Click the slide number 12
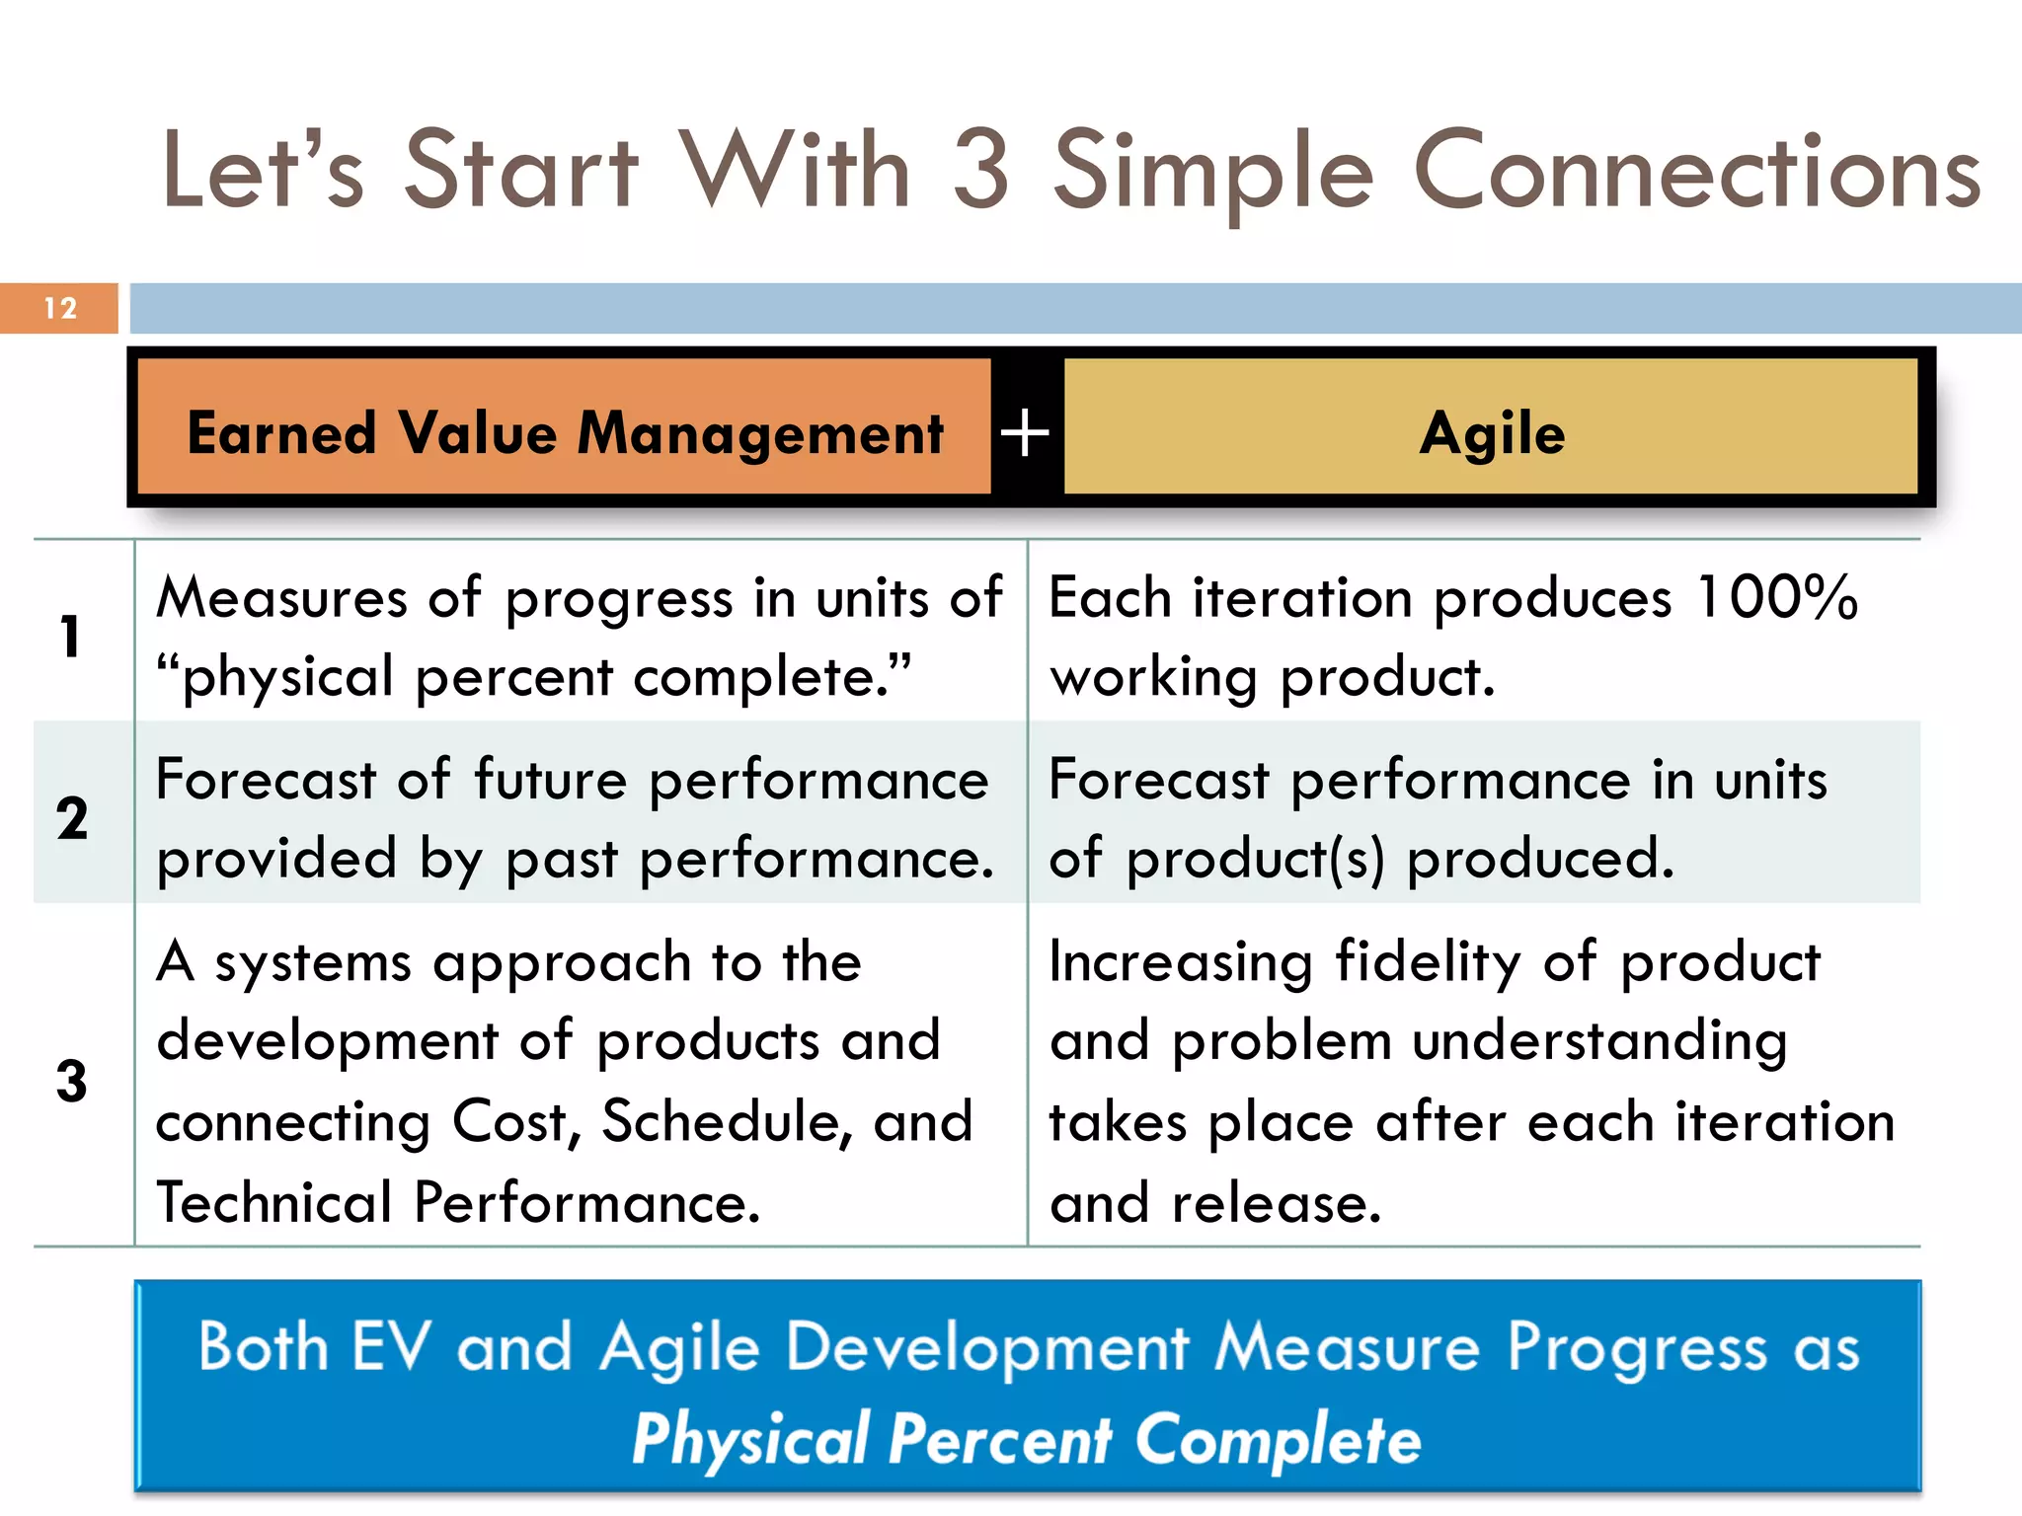pyautogui.click(x=60, y=308)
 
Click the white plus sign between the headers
pyautogui.click(x=1025, y=433)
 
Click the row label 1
pyautogui.click(x=70, y=636)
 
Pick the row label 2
pyautogui.click(x=72, y=818)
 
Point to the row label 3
pyautogui.click(x=72, y=1081)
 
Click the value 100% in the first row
pyautogui.click(x=1776, y=598)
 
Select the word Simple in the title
pyautogui.click(x=1213, y=174)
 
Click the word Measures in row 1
pyautogui.click(x=281, y=598)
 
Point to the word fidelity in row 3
pyautogui.click(x=1428, y=962)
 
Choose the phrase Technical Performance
pyautogui.click(x=458, y=1203)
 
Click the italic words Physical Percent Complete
pyautogui.click(x=1026, y=1440)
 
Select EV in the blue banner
pyautogui.click(x=391, y=1347)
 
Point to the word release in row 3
pyautogui.click(x=1276, y=1203)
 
